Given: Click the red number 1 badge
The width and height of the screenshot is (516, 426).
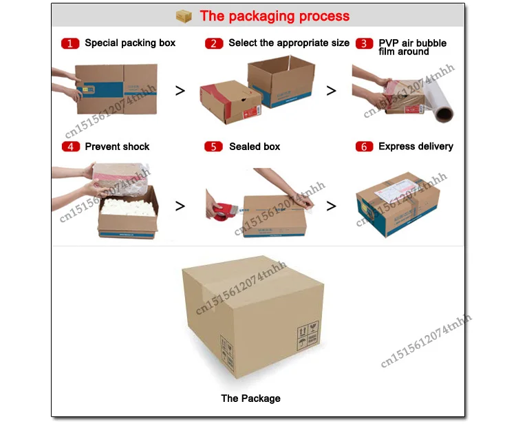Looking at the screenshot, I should click(x=70, y=43).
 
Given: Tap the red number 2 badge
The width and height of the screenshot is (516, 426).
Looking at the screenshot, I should click(x=214, y=43).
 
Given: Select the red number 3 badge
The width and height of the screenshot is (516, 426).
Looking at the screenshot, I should click(x=364, y=43).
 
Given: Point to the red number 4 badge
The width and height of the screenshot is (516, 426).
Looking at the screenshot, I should click(x=70, y=147).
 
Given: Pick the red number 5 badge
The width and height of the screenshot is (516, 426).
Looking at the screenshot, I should click(x=214, y=147).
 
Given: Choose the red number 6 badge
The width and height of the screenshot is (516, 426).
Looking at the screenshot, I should click(x=364, y=147).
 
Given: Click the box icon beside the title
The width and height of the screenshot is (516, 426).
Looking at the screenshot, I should click(x=183, y=16).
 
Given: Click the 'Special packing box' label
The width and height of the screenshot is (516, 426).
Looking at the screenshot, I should click(x=130, y=43).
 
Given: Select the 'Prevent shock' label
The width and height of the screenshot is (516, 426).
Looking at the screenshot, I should click(x=117, y=147).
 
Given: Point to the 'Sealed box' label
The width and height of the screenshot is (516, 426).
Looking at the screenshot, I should click(x=255, y=147).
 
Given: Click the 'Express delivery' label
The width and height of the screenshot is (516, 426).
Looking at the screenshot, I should click(x=416, y=146).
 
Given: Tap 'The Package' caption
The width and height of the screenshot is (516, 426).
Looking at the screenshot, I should click(x=250, y=398).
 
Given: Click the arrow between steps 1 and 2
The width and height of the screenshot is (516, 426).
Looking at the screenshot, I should click(x=180, y=90).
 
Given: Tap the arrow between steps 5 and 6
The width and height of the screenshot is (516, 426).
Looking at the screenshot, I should click(x=332, y=205).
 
